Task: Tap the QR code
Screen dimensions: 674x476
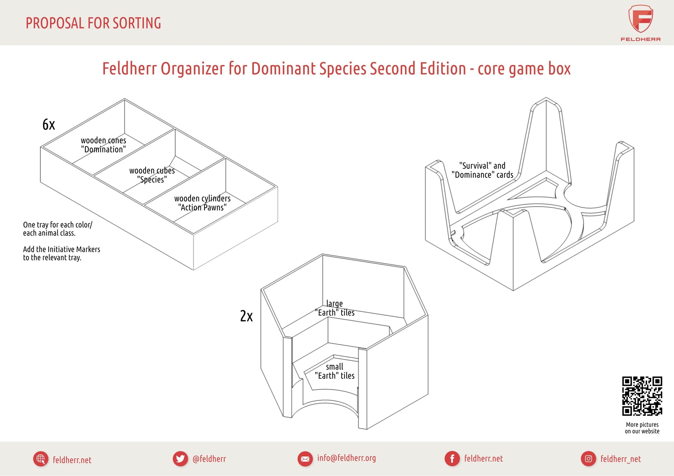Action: point(642,396)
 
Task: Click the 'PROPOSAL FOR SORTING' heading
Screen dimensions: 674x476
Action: point(93,23)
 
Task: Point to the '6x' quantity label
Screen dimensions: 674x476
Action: point(49,125)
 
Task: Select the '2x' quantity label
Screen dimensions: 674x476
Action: point(246,316)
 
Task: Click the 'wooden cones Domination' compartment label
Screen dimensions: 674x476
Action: point(104,145)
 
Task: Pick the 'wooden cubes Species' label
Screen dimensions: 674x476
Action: point(152,175)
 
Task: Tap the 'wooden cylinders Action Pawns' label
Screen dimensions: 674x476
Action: point(202,203)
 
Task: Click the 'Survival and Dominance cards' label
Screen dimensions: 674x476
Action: point(482,170)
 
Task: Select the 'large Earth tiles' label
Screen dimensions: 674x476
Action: point(335,308)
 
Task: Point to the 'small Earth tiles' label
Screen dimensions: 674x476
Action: point(335,371)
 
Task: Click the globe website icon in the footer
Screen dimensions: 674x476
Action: point(41,459)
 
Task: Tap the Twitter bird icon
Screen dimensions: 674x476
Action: point(180,459)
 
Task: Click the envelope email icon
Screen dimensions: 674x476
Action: point(305,459)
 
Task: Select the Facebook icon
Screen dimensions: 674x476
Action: point(452,459)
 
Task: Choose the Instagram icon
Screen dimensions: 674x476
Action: point(589,459)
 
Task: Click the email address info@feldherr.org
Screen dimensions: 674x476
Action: point(346,458)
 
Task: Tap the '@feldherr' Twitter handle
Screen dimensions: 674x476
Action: point(209,459)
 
